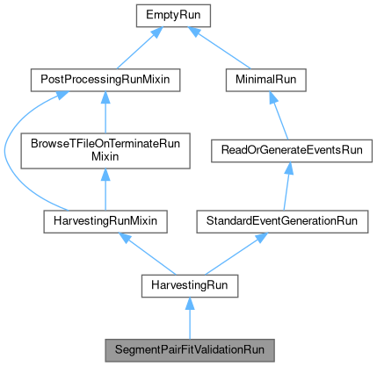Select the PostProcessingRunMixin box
[105, 80]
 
